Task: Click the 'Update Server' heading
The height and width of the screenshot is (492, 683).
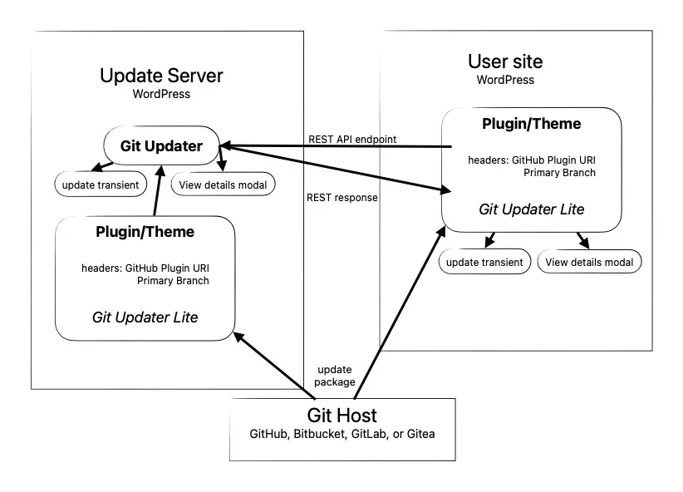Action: (x=161, y=76)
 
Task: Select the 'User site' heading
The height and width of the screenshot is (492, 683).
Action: (x=505, y=61)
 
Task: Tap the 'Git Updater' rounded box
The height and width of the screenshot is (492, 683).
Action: (x=161, y=146)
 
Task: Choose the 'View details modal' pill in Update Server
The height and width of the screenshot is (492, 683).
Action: (x=222, y=184)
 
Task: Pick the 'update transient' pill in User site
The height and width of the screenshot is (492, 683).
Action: (x=484, y=263)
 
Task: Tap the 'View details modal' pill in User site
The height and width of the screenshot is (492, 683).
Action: (x=590, y=263)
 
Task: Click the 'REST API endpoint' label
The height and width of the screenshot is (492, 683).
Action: (x=352, y=139)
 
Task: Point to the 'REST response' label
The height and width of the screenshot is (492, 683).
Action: (x=342, y=198)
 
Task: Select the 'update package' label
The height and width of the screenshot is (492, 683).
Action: (x=336, y=375)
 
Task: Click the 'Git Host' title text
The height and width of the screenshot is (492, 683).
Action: (x=341, y=416)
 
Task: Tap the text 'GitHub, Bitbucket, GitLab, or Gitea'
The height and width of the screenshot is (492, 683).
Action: (x=341, y=435)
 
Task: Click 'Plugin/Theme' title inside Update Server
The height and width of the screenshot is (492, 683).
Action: (x=145, y=232)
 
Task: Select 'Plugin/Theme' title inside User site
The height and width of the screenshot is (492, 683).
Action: (x=532, y=124)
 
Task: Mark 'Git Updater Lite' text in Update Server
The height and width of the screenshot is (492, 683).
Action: (x=145, y=317)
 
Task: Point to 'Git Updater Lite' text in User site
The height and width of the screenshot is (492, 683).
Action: (x=532, y=209)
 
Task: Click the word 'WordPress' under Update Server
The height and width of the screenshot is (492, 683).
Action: (x=161, y=94)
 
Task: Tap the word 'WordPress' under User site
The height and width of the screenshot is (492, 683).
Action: (x=505, y=80)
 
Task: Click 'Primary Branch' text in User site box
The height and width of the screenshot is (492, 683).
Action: (x=559, y=173)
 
